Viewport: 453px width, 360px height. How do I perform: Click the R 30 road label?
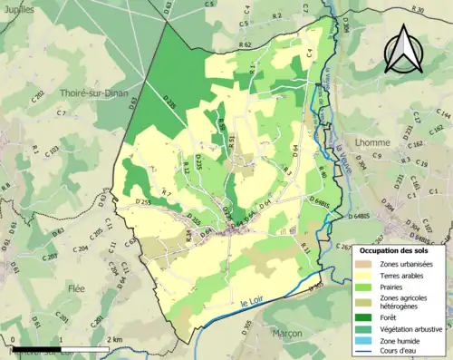pyautogui.click(x=416, y=9)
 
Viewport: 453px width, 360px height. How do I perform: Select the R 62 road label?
pyautogui.click(x=245, y=44)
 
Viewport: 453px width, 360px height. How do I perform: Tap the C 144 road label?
pyautogui.click(x=443, y=116)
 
